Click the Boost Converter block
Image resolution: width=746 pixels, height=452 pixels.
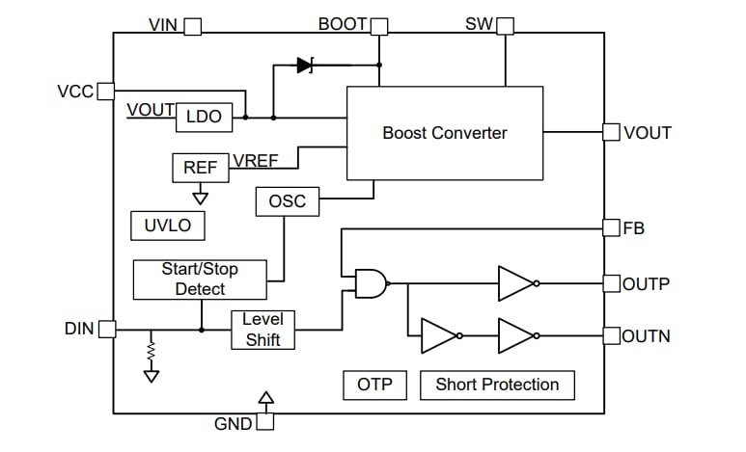[444, 133]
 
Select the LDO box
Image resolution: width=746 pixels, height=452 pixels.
[204, 117]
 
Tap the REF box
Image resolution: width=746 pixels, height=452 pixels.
[200, 167]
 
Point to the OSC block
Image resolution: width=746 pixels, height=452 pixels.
[287, 201]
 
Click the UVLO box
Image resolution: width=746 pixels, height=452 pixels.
[167, 226]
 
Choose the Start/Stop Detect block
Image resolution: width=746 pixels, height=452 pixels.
[200, 279]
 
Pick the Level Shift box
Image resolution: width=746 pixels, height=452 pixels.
[262, 330]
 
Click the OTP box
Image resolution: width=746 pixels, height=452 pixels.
[374, 385]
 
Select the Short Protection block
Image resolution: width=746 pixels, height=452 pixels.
[497, 385]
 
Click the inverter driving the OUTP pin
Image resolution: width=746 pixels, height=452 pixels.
[517, 283]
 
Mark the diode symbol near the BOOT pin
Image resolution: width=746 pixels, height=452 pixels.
[305, 66]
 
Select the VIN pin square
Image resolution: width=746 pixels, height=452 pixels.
[192, 26]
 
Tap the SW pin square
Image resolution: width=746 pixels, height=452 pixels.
[505, 26]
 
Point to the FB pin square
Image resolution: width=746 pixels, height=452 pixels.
[611, 228]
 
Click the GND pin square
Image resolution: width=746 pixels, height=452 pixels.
[265, 422]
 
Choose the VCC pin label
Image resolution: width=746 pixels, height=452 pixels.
[75, 92]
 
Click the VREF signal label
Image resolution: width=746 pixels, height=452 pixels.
[256, 161]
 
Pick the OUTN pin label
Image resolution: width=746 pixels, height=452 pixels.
[646, 336]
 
